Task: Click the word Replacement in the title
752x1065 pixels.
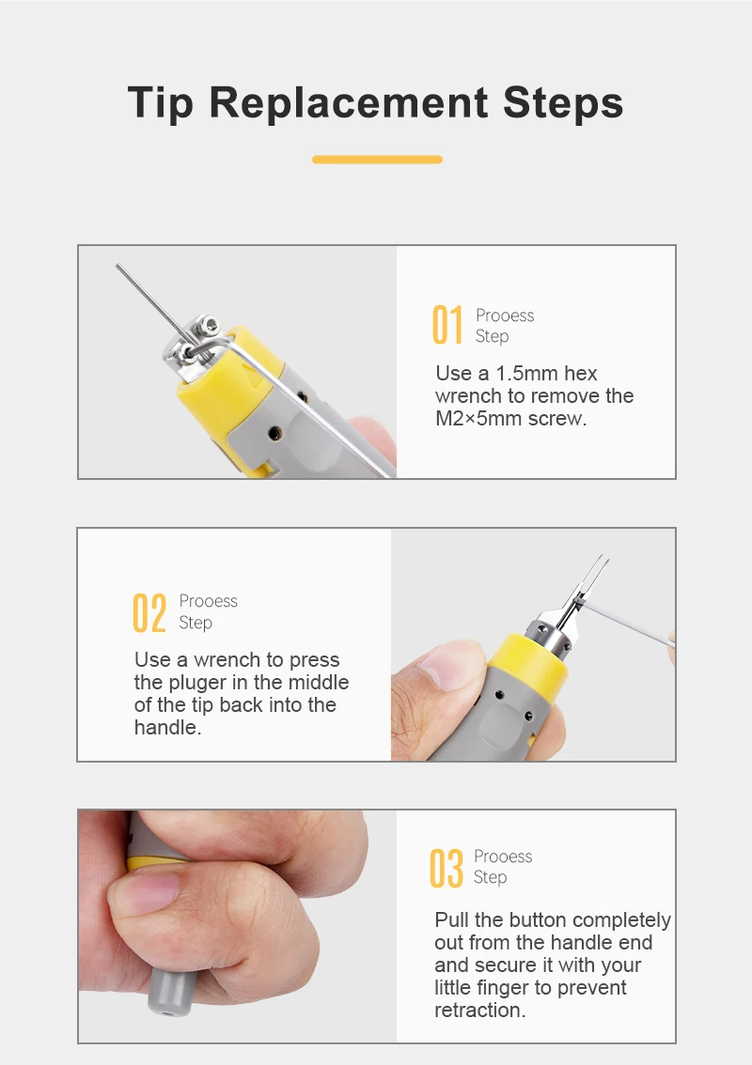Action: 348,102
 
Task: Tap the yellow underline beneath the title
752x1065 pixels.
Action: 377,160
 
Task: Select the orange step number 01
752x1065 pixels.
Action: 447,325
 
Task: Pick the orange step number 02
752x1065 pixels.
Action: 149,612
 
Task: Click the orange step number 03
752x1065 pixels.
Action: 446,868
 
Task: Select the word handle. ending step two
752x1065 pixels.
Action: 168,728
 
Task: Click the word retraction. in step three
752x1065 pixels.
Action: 480,1010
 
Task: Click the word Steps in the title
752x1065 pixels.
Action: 563,103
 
